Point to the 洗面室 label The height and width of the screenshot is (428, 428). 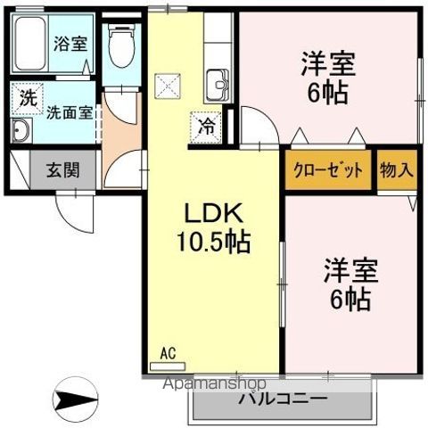pos(69,113)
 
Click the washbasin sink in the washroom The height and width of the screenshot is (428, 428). pos(21,132)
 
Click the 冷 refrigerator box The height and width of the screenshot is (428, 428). pos(204,127)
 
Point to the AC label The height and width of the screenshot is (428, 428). pos(167,352)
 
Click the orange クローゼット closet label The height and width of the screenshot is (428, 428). pos(327,169)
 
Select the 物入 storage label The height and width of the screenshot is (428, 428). pos(396,169)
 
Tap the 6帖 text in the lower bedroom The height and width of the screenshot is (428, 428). pos(348,300)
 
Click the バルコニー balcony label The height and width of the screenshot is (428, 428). pos(282,399)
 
